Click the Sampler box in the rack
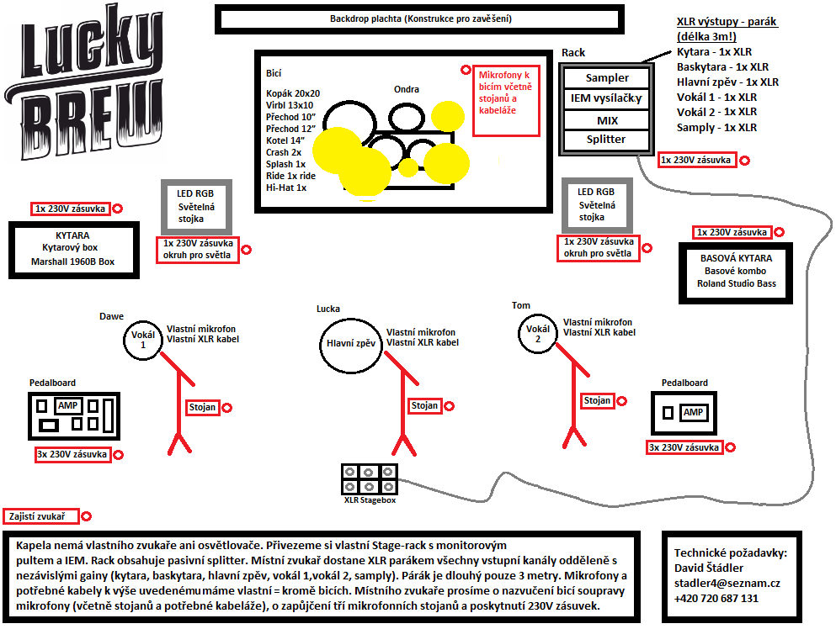coord(607,78)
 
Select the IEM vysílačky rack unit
coord(607,99)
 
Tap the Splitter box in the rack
coord(607,140)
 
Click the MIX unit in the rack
coord(607,120)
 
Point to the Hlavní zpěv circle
coord(350,343)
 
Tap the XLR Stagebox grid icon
coord(370,479)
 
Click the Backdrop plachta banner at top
coord(420,18)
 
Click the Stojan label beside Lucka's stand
coord(424,405)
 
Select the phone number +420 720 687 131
coord(716,598)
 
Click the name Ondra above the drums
coord(407,89)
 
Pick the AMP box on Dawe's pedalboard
coord(67,405)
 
